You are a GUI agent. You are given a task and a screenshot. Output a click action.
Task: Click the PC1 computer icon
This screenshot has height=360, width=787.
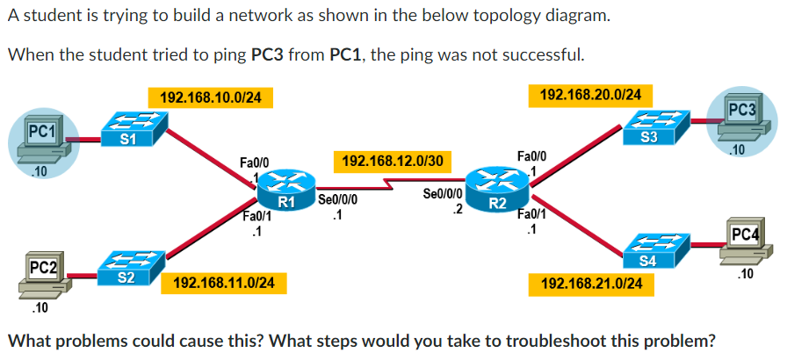pos(42,139)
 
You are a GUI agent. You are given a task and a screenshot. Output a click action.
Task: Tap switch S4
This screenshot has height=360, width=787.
pos(648,250)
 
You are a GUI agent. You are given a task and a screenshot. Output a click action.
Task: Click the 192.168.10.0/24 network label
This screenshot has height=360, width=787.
pos(206,97)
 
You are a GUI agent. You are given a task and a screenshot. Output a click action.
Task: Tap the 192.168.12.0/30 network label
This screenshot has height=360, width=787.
pos(391,161)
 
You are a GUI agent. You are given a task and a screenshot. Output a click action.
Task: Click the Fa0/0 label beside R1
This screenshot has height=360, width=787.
pos(253,162)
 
